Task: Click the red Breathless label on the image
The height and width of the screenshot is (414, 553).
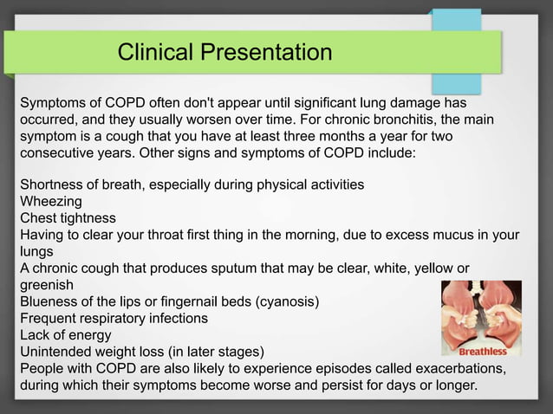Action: [x=482, y=352]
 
